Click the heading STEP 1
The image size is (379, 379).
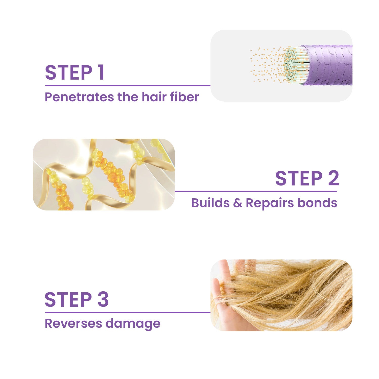75,73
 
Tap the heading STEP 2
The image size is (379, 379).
307,178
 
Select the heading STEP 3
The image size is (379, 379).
77,300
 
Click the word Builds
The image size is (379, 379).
210,203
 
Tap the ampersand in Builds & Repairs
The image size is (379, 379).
238,203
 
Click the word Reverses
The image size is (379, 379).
73,323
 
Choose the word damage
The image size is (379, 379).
133,324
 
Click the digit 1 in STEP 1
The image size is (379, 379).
101,73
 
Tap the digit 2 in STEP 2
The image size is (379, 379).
333,178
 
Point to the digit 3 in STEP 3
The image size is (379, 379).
103,300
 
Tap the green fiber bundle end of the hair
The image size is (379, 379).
296,65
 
